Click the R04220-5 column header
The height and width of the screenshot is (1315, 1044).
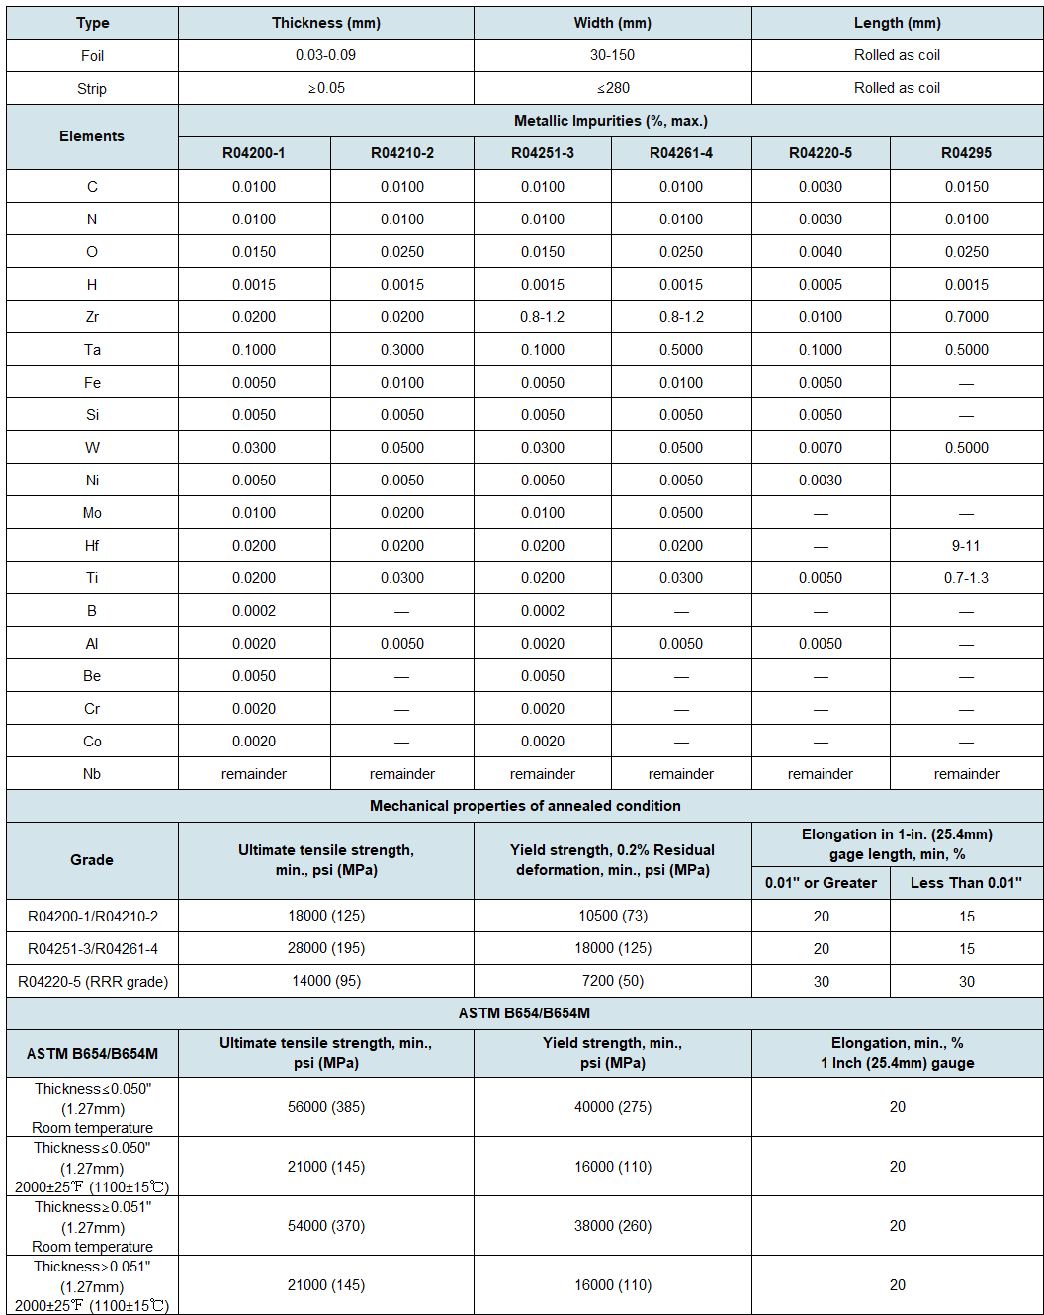click(x=820, y=153)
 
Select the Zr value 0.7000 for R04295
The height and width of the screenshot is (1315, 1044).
click(x=966, y=317)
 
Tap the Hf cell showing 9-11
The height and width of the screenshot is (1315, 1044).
click(x=966, y=546)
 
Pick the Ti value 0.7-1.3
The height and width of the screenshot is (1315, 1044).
click(x=966, y=578)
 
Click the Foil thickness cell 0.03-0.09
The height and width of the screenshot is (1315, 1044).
click(x=325, y=55)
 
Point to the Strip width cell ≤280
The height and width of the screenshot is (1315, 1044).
click(x=613, y=88)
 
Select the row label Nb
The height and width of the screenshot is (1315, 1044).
click(x=92, y=774)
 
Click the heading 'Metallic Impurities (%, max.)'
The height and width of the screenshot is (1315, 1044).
click(x=610, y=121)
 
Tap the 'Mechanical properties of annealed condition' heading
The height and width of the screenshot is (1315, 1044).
click(x=525, y=806)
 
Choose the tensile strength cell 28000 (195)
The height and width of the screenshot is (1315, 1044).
click(x=326, y=948)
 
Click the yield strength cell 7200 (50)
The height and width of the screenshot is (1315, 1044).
click(x=613, y=981)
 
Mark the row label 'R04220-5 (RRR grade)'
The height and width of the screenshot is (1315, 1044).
click(x=93, y=982)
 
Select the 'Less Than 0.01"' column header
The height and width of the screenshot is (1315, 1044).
click(x=966, y=883)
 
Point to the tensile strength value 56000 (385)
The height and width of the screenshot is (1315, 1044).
click(x=326, y=1107)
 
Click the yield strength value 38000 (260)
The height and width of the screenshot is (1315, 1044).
click(x=613, y=1226)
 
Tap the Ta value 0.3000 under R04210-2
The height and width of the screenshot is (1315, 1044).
click(x=402, y=350)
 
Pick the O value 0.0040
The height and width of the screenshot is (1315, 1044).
click(x=821, y=252)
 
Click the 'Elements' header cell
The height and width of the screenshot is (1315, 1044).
click(x=92, y=136)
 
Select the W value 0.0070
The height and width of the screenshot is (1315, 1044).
click(x=821, y=448)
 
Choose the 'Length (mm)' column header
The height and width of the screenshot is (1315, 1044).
click(x=897, y=23)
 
